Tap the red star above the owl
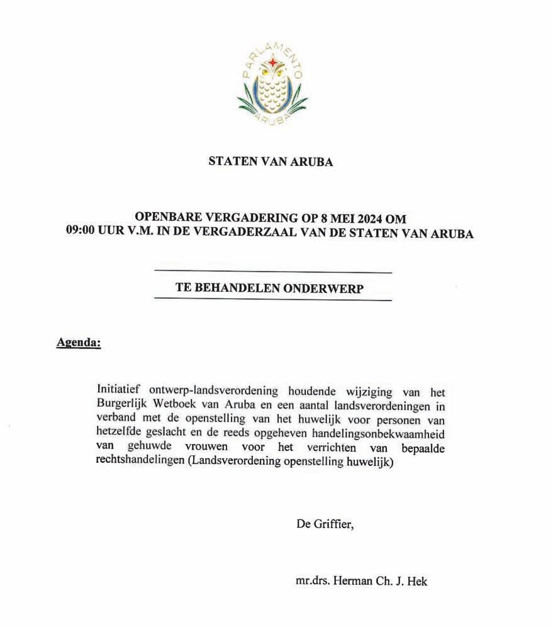272,63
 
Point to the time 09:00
81,233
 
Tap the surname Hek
418,581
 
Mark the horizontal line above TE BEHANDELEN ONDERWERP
272,272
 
